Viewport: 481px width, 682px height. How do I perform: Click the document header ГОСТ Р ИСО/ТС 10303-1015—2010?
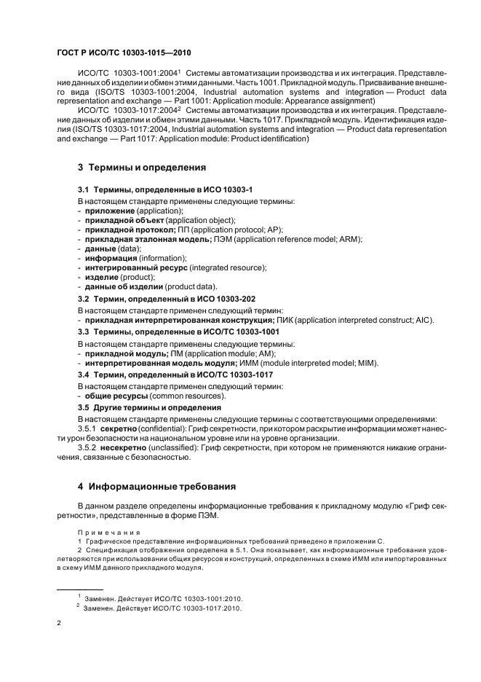(124, 53)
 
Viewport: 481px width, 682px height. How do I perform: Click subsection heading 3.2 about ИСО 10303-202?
(167, 299)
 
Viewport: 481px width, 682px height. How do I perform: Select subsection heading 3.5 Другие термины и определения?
(149, 407)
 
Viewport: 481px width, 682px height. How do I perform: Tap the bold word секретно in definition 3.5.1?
(123, 430)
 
